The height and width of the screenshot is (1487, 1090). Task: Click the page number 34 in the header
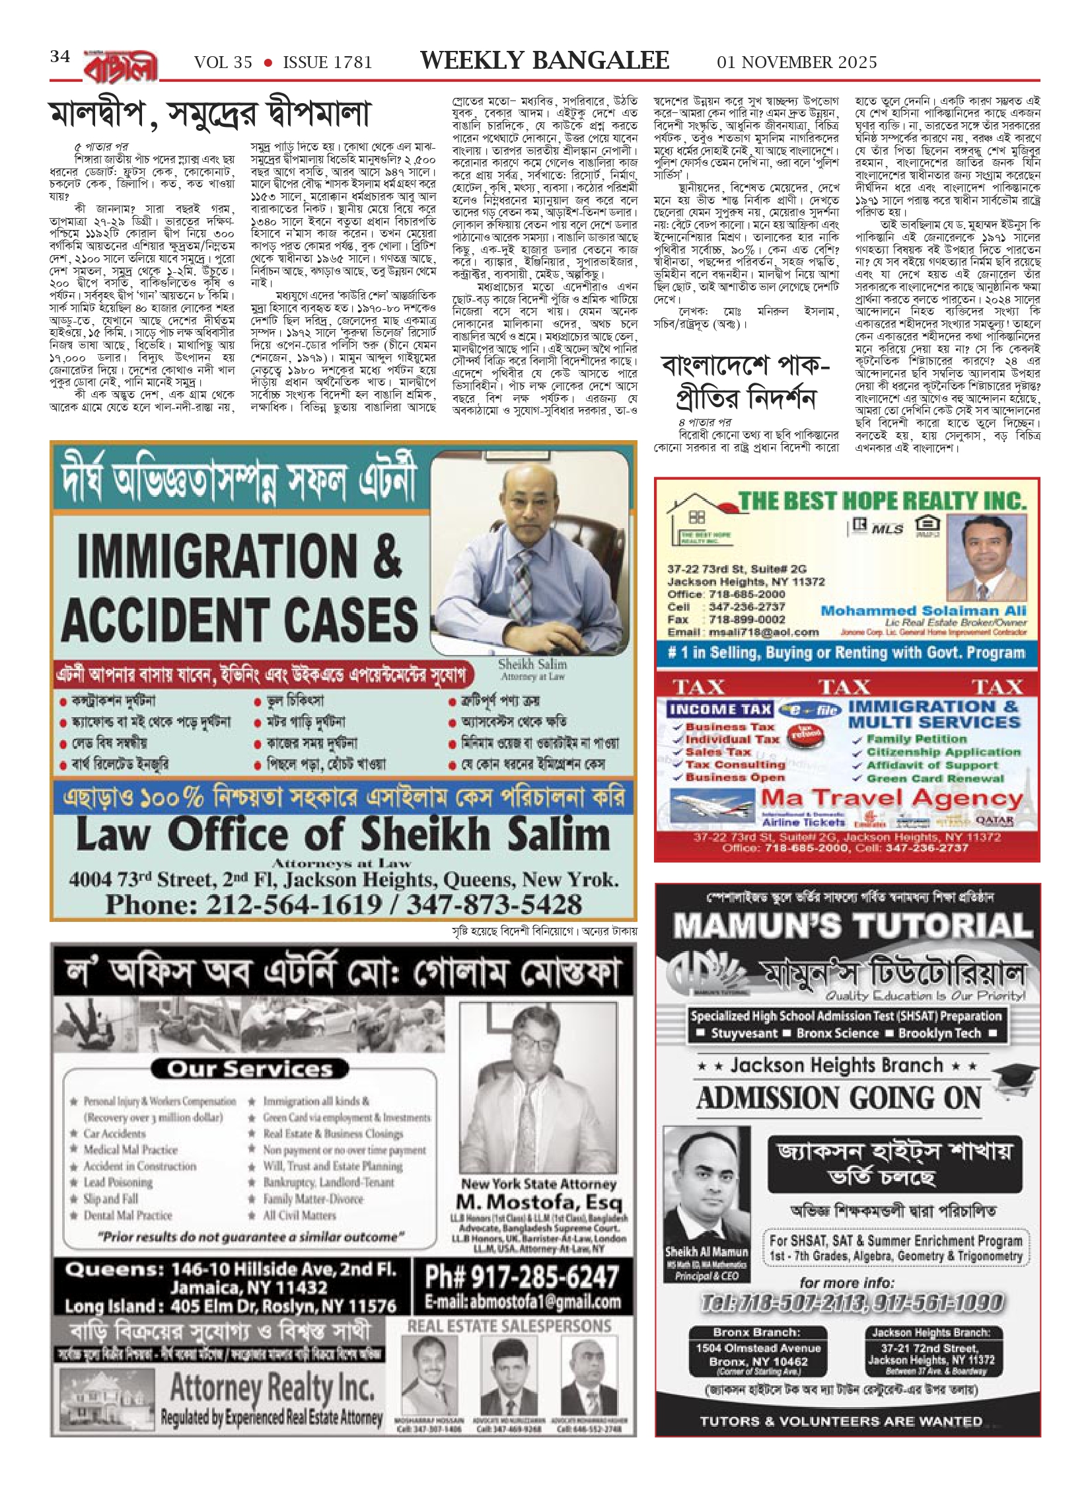60,57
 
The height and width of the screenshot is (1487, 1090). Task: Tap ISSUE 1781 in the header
327,63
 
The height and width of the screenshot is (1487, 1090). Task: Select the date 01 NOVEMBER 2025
797,63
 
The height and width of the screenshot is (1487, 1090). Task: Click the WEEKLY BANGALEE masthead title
544,61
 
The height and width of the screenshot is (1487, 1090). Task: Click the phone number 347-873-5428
494,904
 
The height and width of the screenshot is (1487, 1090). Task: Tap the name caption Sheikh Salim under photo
532,664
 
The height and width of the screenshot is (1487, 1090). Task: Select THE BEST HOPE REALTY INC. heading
882,500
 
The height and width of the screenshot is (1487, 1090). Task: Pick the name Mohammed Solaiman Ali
924,611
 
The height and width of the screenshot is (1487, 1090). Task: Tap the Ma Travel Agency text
892,799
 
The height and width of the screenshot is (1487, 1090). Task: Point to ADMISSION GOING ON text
839,1099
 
